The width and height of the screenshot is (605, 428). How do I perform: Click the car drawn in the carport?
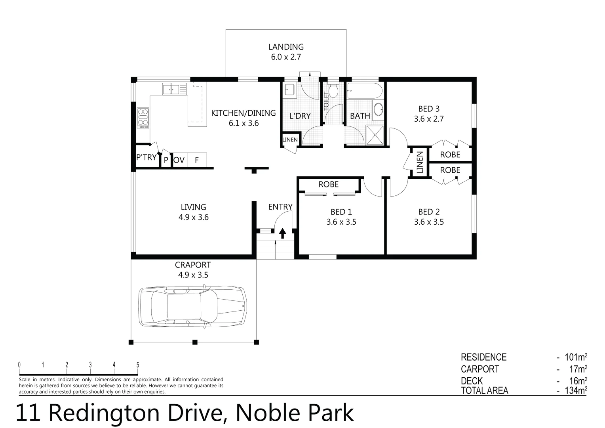click(192, 306)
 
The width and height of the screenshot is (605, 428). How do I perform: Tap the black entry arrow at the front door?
click(282, 233)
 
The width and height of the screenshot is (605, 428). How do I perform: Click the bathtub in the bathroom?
click(364, 92)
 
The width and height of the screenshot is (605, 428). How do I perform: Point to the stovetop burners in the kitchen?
click(143, 118)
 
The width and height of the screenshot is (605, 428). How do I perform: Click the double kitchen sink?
click(174, 89)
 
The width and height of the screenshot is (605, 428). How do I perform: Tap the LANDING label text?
click(286, 47)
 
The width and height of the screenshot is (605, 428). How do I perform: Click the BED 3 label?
click(429, 109)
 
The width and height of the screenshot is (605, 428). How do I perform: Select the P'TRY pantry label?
click(146, 157)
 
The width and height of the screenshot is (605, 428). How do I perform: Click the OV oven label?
click(179, 160)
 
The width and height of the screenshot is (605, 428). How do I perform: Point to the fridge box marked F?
click(197, 160)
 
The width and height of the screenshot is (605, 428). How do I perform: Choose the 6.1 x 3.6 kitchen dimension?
click(244, 123)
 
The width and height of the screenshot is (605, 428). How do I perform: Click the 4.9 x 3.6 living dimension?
click(193, 217)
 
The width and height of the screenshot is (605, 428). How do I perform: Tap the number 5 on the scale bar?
click(138, 365)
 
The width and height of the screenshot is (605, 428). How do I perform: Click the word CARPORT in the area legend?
click(480, 369)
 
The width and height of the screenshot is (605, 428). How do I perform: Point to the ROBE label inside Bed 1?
click(329, 184)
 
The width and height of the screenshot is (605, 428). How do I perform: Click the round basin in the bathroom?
click(379, 109)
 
